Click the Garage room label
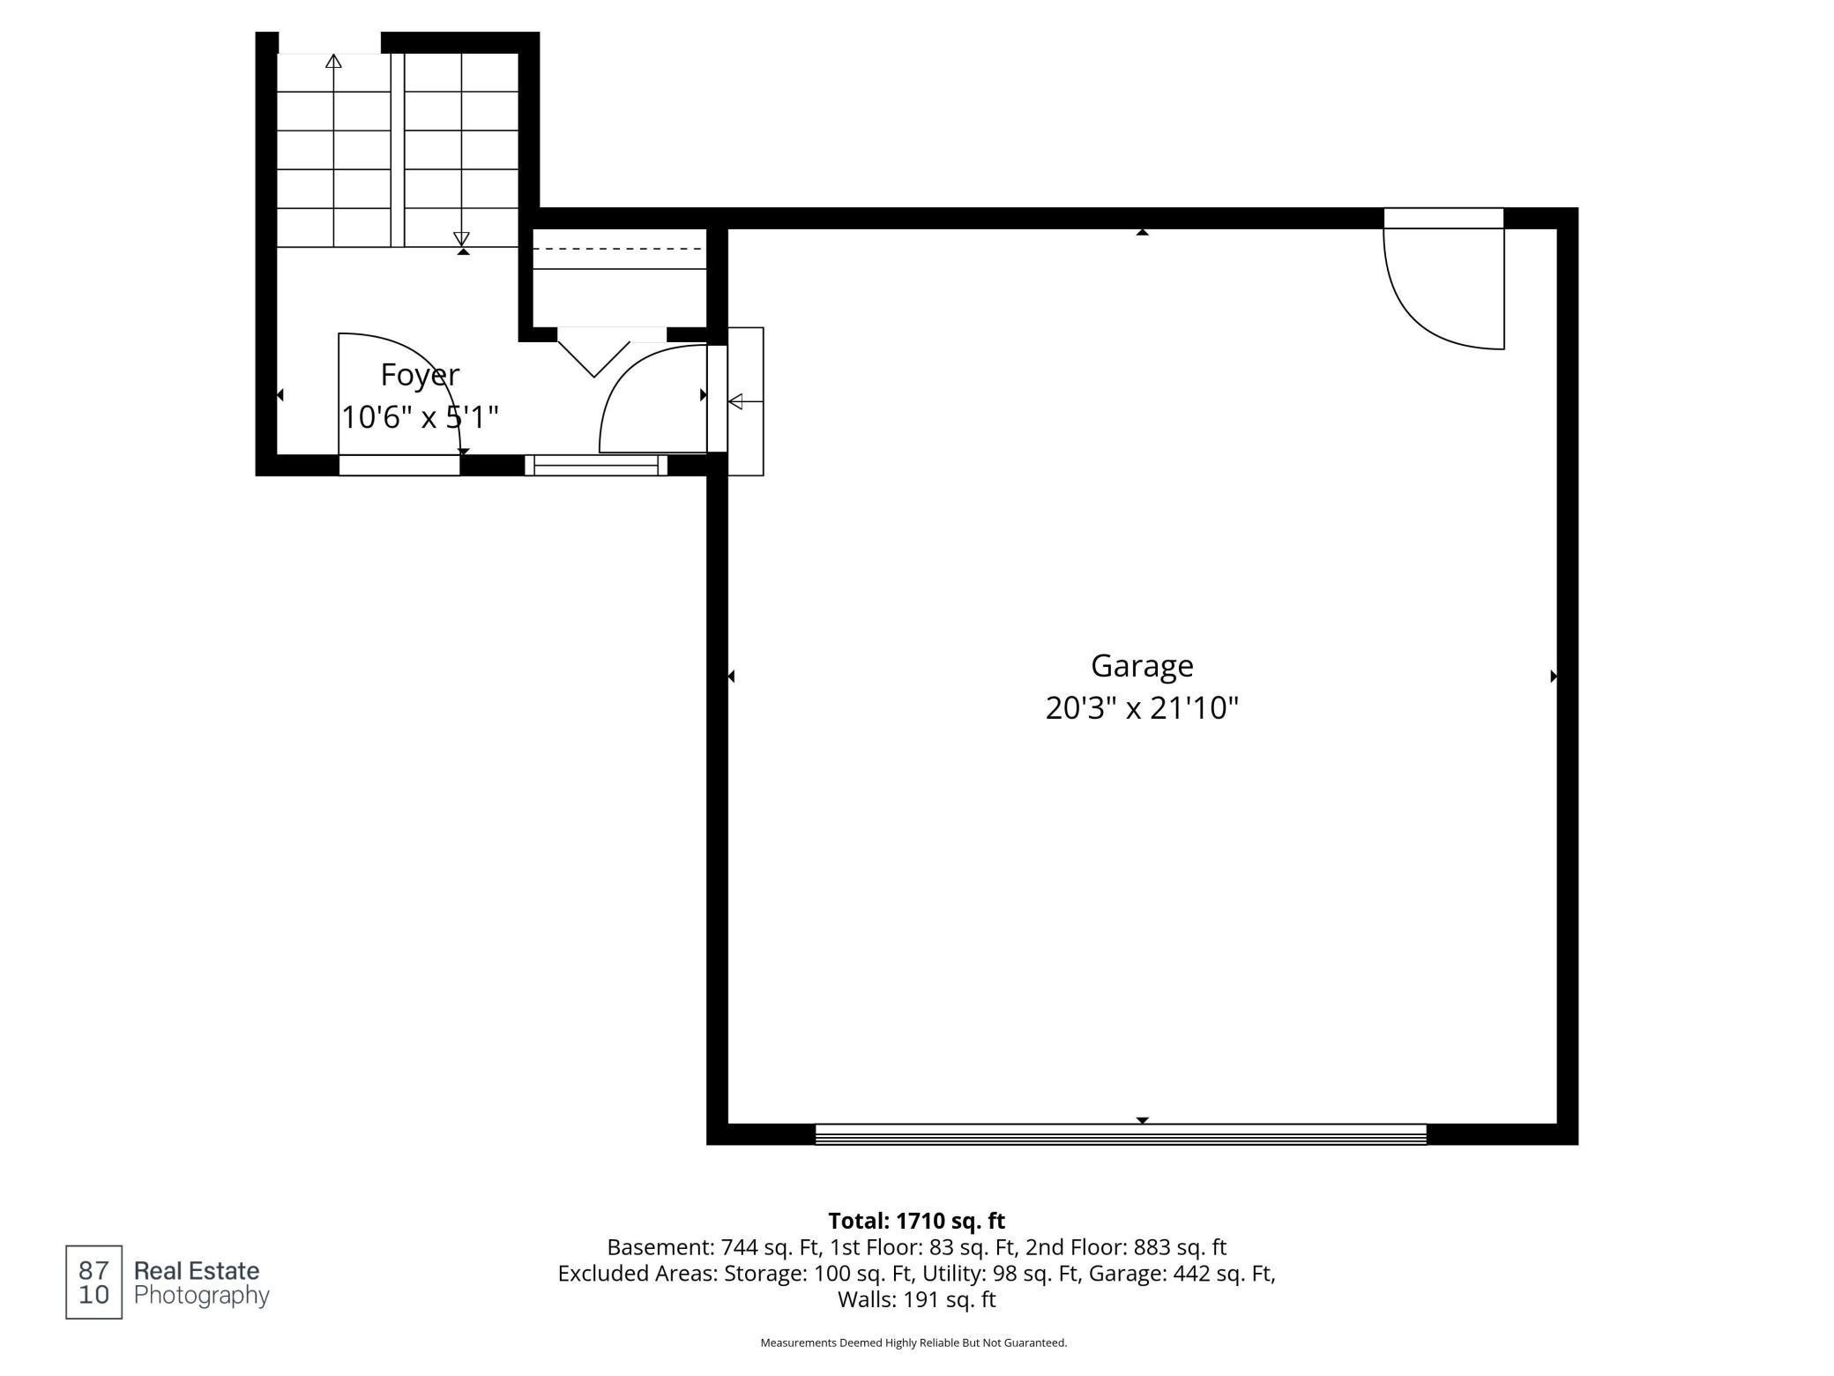pos(1142,667)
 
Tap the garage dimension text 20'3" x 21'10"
pos(1142,708)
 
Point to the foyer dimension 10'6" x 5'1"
pos(420,416)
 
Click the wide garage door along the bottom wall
pos(1121,1134)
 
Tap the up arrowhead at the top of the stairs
pos(333,61)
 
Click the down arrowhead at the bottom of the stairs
pos(461,239)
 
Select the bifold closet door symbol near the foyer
pos(594,353)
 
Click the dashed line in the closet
pos(620,249)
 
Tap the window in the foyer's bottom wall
pos(596,465)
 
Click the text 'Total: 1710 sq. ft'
pos(916,1221)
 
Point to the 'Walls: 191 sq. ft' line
pos(916,1299)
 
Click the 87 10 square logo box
pos(93,1283)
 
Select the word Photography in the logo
pos(201,1296)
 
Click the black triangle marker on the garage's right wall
pos(1554,677)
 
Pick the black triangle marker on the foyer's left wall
pos(280,395)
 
